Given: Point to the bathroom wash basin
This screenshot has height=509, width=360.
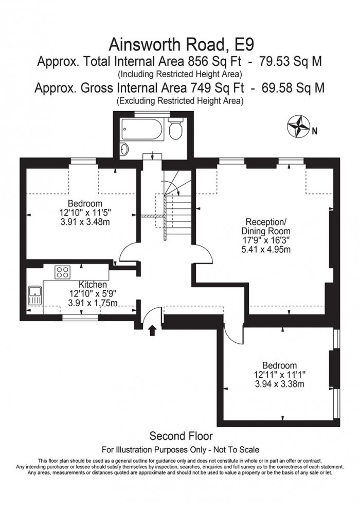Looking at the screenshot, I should pos(124,149).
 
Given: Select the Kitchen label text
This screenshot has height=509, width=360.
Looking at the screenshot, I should pos(93,285).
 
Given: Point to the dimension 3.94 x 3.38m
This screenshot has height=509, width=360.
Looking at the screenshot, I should pos(279,384).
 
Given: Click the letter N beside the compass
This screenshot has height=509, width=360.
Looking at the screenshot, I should pos(314,131).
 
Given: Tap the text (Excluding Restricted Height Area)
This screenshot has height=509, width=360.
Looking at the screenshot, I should pos(180,101).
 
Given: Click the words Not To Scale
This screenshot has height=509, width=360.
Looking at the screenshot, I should pos(237,450).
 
